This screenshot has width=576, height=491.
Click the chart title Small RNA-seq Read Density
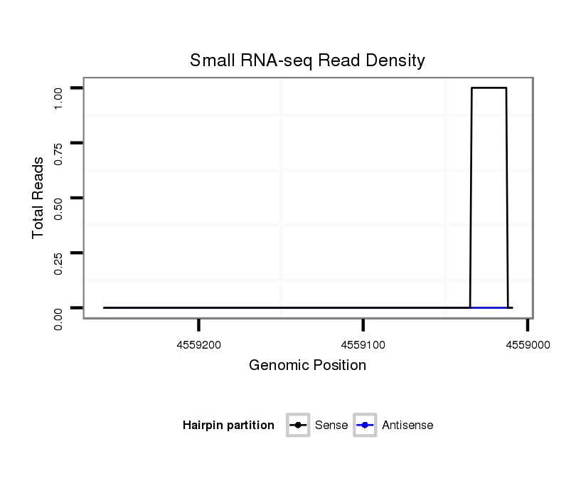pos(307,60)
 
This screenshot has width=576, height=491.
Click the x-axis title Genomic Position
pos(307,366)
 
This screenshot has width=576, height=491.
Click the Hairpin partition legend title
pos(228,426)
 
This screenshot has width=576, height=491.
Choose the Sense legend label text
pos(331,426)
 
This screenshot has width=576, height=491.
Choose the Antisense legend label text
pos(407,426)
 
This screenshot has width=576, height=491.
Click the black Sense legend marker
pos(298,426)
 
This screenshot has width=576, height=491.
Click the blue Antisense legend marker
pos(365,426)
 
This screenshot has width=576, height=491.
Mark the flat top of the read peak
pos(489,88)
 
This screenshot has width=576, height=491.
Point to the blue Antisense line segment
pos(489,307)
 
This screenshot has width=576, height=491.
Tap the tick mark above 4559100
pos(363,325)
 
